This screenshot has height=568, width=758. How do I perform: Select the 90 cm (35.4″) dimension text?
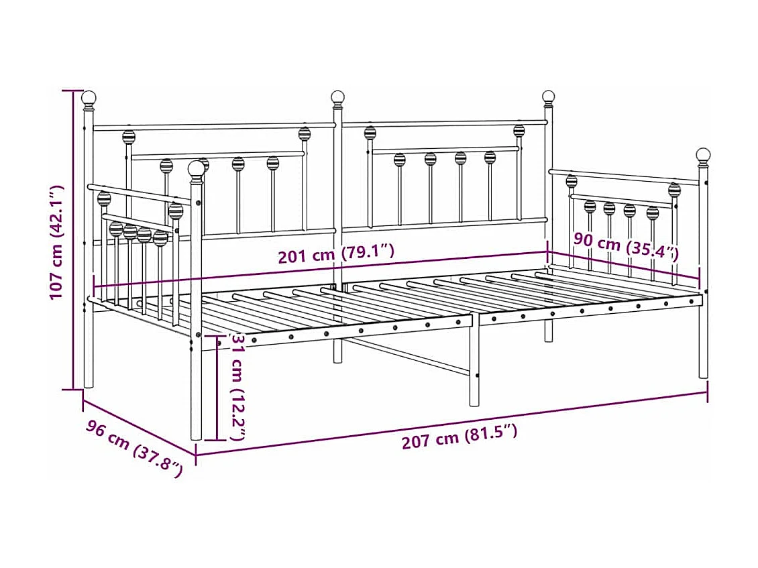[625, 247]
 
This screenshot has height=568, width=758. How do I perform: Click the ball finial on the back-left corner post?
[89, 98]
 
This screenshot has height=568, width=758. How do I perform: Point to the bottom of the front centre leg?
[474, 402]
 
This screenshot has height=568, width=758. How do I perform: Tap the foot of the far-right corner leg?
[703, 375]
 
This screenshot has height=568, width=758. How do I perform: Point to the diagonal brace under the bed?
[409, 355]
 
